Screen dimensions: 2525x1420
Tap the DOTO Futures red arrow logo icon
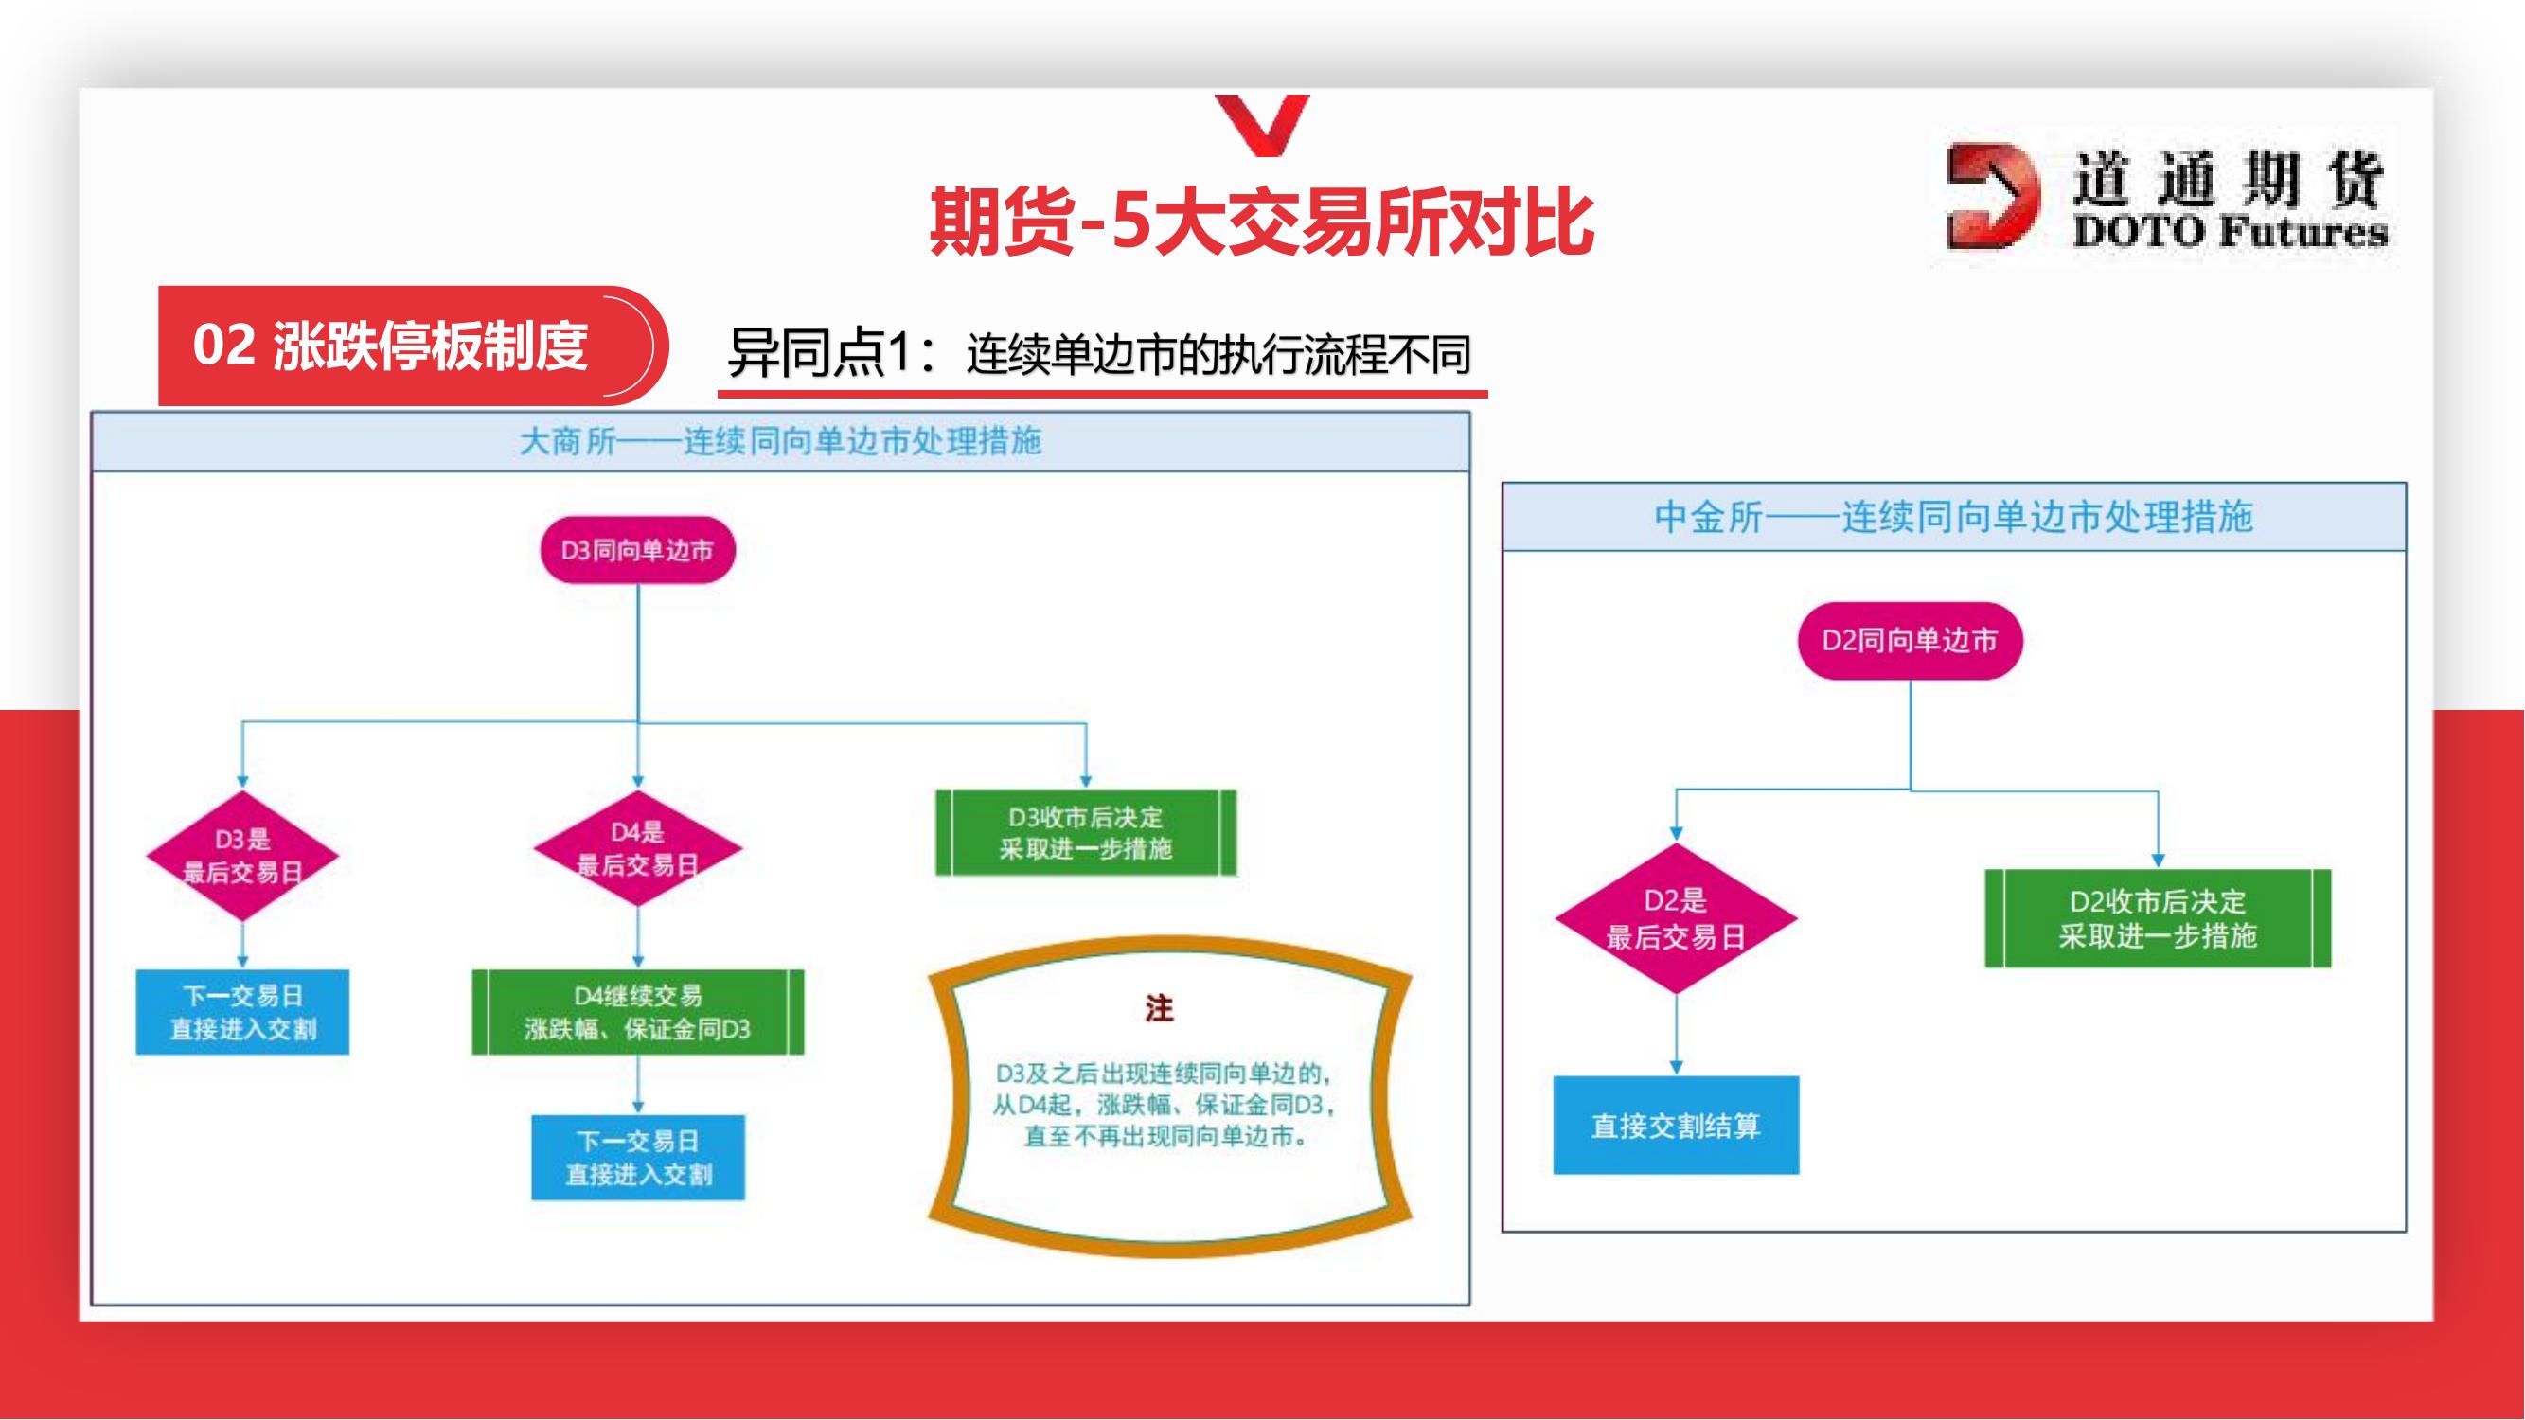click(1991, 195)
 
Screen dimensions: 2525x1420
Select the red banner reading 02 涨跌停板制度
click(412, 345)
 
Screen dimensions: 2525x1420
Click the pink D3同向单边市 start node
click(637, 550)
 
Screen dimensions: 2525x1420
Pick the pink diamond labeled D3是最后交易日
click(242, 856)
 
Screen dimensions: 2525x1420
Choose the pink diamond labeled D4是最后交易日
click(637, 848)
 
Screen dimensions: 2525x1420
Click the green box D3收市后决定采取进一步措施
click(1086, 832)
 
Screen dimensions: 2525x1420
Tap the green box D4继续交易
click(637, 1012)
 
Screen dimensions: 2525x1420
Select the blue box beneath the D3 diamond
click(242, 1012)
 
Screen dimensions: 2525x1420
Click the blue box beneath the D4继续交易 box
click(638, 1158)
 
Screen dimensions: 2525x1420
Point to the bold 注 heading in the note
click(1160, 1008)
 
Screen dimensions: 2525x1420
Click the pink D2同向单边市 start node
click(1910, 641)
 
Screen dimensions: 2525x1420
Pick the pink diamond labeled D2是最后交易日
click(1676, 918)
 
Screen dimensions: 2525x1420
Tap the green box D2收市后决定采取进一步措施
click(2158, 918)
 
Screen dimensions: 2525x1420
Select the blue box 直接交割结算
click(1676, 1125)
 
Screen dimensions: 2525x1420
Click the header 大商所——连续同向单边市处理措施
click(780, 442)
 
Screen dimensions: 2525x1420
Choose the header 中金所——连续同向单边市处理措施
click(1953, 517)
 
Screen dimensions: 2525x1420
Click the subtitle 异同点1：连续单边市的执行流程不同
click(1099, 354)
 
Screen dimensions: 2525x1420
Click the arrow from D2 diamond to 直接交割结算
click(1676, 1035)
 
